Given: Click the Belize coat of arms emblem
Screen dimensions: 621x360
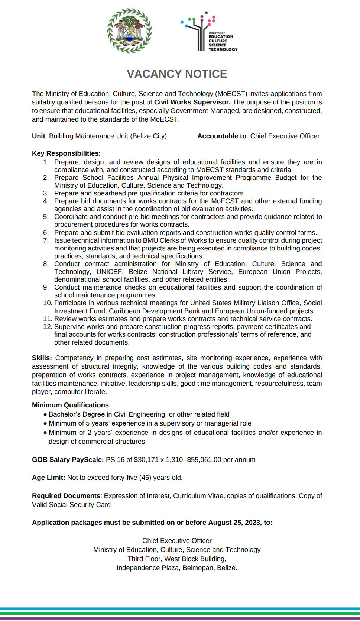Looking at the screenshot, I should coord(129,31).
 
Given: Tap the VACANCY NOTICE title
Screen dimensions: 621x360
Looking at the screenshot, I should coord(177,74).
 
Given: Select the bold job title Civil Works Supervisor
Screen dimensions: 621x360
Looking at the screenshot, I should coord(192,102).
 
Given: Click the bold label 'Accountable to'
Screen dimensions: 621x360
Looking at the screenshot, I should coord(222,136).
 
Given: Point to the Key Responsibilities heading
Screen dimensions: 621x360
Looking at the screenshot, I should coord(66,153).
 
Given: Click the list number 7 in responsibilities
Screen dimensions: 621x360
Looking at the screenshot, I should coord(46,240).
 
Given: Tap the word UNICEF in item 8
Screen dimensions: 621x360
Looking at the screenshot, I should coord(109,272).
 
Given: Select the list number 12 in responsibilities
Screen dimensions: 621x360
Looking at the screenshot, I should coord(47,327).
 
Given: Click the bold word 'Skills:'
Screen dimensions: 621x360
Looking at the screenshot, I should coord(42,358).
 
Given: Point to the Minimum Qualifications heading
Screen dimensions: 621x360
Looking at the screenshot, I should coord(70,405).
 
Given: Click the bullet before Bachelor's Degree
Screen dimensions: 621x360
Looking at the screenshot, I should coord(45,414).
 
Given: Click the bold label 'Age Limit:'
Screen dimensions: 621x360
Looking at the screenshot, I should coord(49,478).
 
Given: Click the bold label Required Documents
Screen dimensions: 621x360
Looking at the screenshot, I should coord(66,496).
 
